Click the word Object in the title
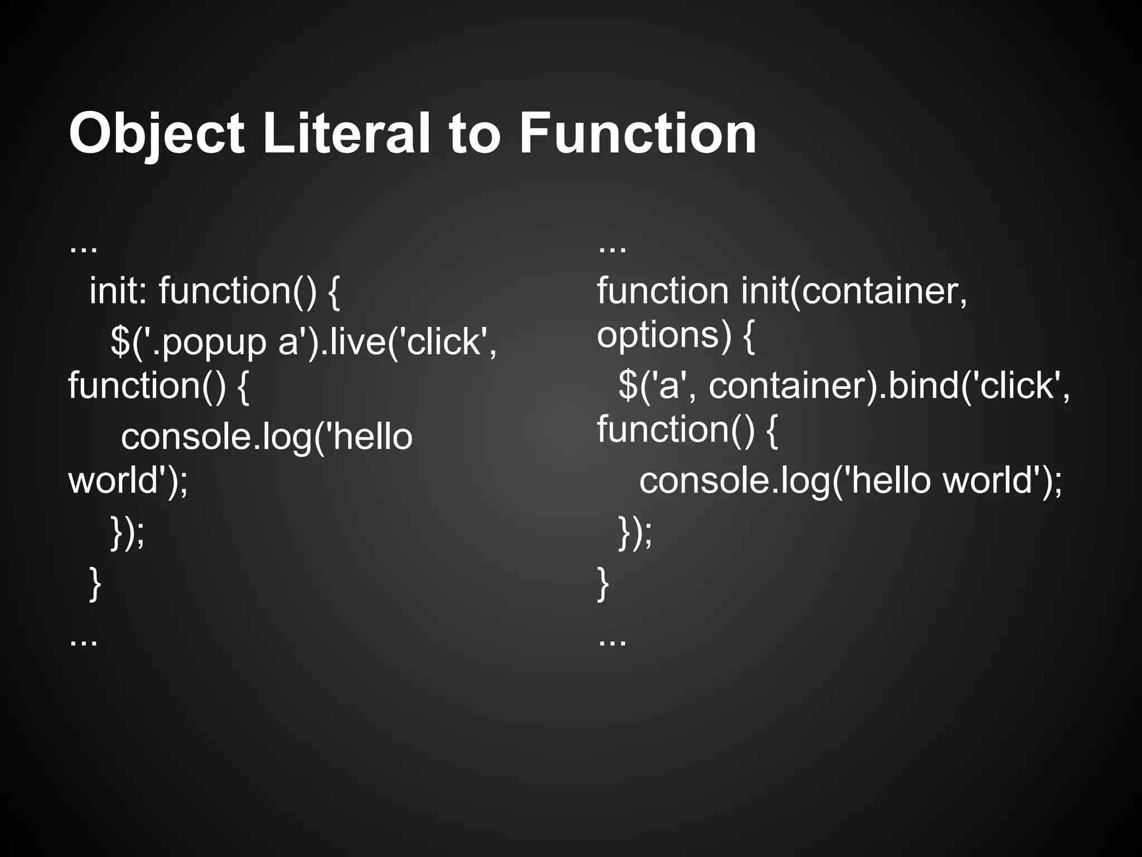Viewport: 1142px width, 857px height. pos(157,134)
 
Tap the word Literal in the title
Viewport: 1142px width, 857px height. pos(346,134)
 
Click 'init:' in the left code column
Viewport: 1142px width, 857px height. pos(118,291)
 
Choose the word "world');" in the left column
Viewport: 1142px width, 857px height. pos(128,480)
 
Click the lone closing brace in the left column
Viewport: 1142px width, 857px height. pos(95,584)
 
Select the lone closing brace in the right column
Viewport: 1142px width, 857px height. pos(603,584)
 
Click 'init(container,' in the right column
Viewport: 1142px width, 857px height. pos(854,291)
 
